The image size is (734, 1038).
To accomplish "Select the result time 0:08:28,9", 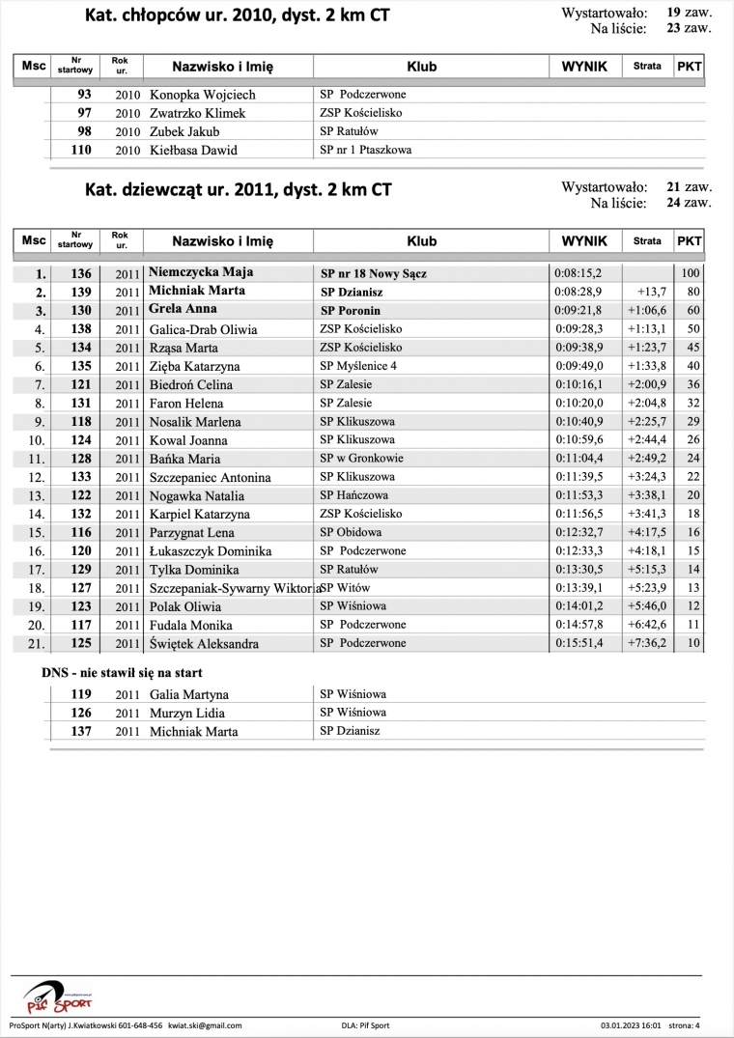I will click(578, 292).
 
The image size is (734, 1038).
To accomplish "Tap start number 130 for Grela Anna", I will click(81, 310).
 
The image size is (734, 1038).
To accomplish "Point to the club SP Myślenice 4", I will click(358, 366).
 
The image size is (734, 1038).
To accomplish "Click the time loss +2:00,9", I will click(646, 384).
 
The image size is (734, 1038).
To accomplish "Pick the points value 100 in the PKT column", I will click(690, 273).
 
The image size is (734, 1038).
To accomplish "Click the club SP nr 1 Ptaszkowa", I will click(365, 150).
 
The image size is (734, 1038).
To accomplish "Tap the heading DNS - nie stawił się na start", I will click(122, 672).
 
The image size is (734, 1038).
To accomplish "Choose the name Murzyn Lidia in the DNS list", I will click(186, 713).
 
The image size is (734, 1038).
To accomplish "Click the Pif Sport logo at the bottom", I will click(58, 995).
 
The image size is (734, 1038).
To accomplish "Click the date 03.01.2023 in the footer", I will click(618, 1025).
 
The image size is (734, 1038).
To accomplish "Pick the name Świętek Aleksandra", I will click(204, 643).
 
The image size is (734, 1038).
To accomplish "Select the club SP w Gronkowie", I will click(361, 458).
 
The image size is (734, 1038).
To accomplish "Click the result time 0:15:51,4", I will click(578, 643).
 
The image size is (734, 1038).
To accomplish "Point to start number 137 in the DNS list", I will click(81, 731).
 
